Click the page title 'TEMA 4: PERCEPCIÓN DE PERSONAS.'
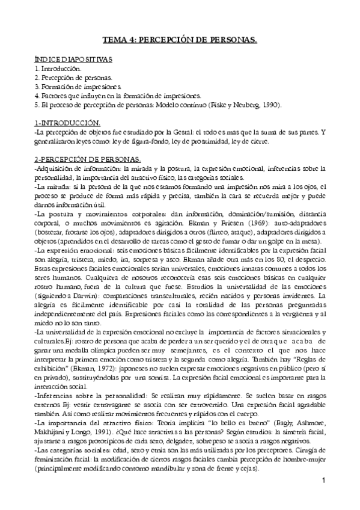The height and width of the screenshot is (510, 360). [x=180, y=41]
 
